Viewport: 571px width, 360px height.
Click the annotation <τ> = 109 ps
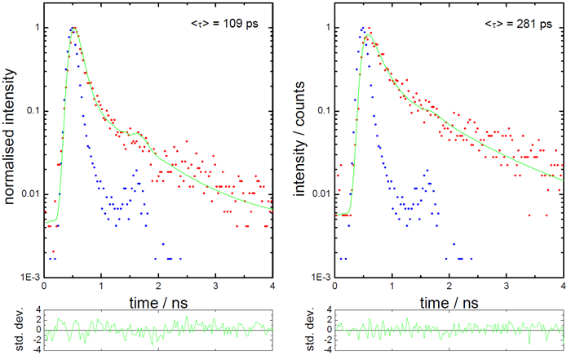pyautogui.click(x=228, y=24)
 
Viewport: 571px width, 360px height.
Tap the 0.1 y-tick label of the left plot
pyautogui.click(x=33, y=110)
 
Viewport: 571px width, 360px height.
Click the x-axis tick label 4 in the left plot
pyautogui.click(x=272, y=287)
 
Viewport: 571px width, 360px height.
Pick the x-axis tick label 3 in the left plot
pyautogui.click(x=215, y=287)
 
